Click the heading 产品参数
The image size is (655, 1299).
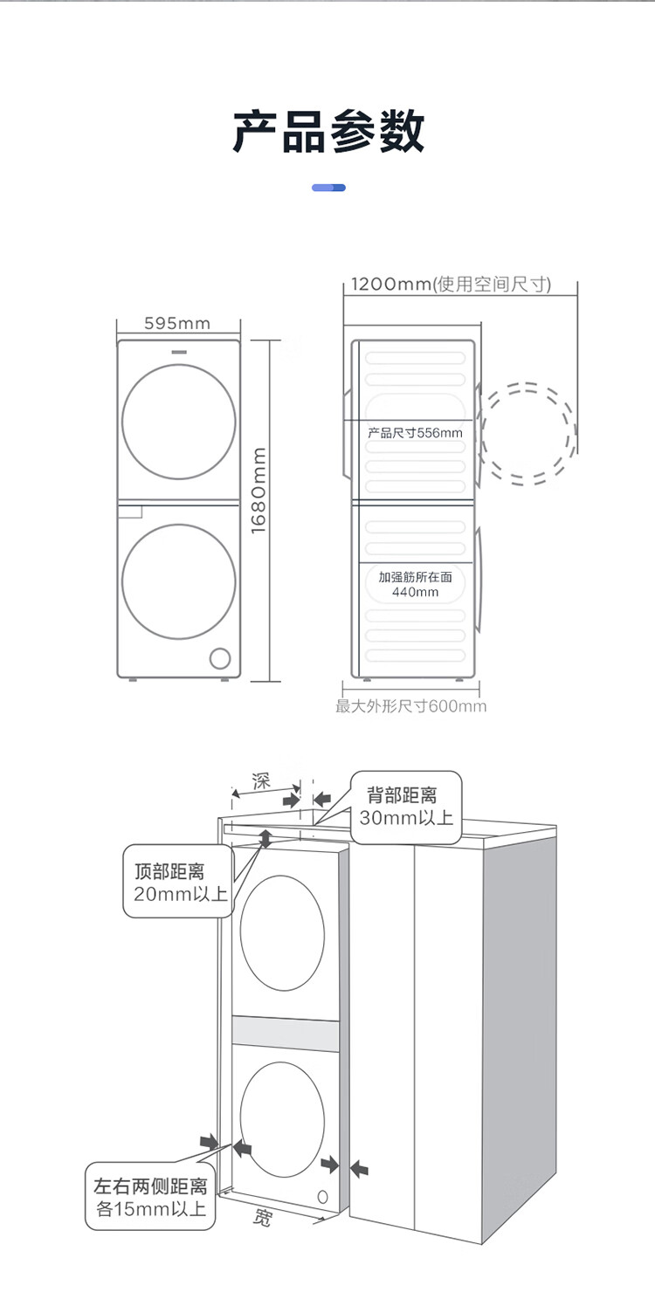click(x=328, y=133)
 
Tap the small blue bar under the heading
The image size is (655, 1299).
click(x=328, y=188)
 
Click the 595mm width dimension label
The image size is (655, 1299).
click(x=177, y=324)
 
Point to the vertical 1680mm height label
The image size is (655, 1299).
click(x=259, y=491)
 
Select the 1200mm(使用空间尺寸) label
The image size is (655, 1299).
click(x=451, y=285)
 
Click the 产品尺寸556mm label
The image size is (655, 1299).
click(x=415, y=432)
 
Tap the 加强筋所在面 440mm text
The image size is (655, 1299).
click(x=415, y=585)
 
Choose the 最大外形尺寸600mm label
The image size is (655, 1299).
click(x=410, y=706)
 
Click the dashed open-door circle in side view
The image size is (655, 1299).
click(x=527, y=433)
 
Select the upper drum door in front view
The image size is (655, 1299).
click(x=178, y=422)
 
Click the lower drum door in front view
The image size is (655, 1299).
click(x=178, y=581)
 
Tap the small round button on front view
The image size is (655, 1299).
click(x=220, y=657)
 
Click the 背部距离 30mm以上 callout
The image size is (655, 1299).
click(x=405, y=807)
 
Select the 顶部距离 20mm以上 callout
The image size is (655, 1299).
click(x=179, y=882)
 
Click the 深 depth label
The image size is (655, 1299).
click(x=260, y=780)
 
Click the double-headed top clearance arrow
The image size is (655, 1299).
click(x=265, y=838)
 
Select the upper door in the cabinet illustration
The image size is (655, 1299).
click(x=282, y=931)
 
